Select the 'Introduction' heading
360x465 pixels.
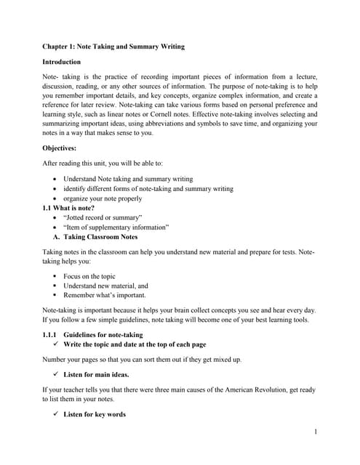coord(62,62)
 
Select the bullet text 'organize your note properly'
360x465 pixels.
coord(103,198)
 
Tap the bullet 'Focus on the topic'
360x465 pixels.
coord(89,276)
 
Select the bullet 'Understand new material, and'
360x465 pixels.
coord(105,286)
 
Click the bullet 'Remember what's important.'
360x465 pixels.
coord(105,295)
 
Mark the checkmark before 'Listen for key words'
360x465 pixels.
coord(57,414)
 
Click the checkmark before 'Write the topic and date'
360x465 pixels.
coord(57,344)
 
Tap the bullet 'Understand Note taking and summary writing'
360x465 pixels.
coord(128,179)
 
